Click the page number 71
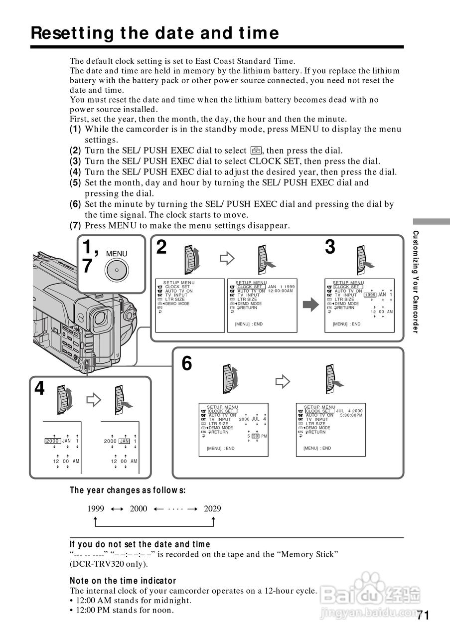tap(423, 615)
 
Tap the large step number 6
tap(186, 364)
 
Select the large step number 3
tap(330, 247)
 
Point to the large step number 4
tap(39, 388)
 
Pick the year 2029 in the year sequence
tap(212, 508)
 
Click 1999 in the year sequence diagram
tap(96, 508)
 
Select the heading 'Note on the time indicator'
tap(123, 581)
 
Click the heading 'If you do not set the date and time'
tap(140, 544)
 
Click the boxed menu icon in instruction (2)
tap(255, 151)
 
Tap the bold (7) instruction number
tap(75, 226)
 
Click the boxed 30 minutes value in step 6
tap(255, 436)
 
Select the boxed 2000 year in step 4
tap(52, 441)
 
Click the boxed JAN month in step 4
tap(125, 441)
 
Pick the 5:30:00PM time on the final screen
tap(351, 415)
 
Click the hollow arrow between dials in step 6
tap(283, 382)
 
